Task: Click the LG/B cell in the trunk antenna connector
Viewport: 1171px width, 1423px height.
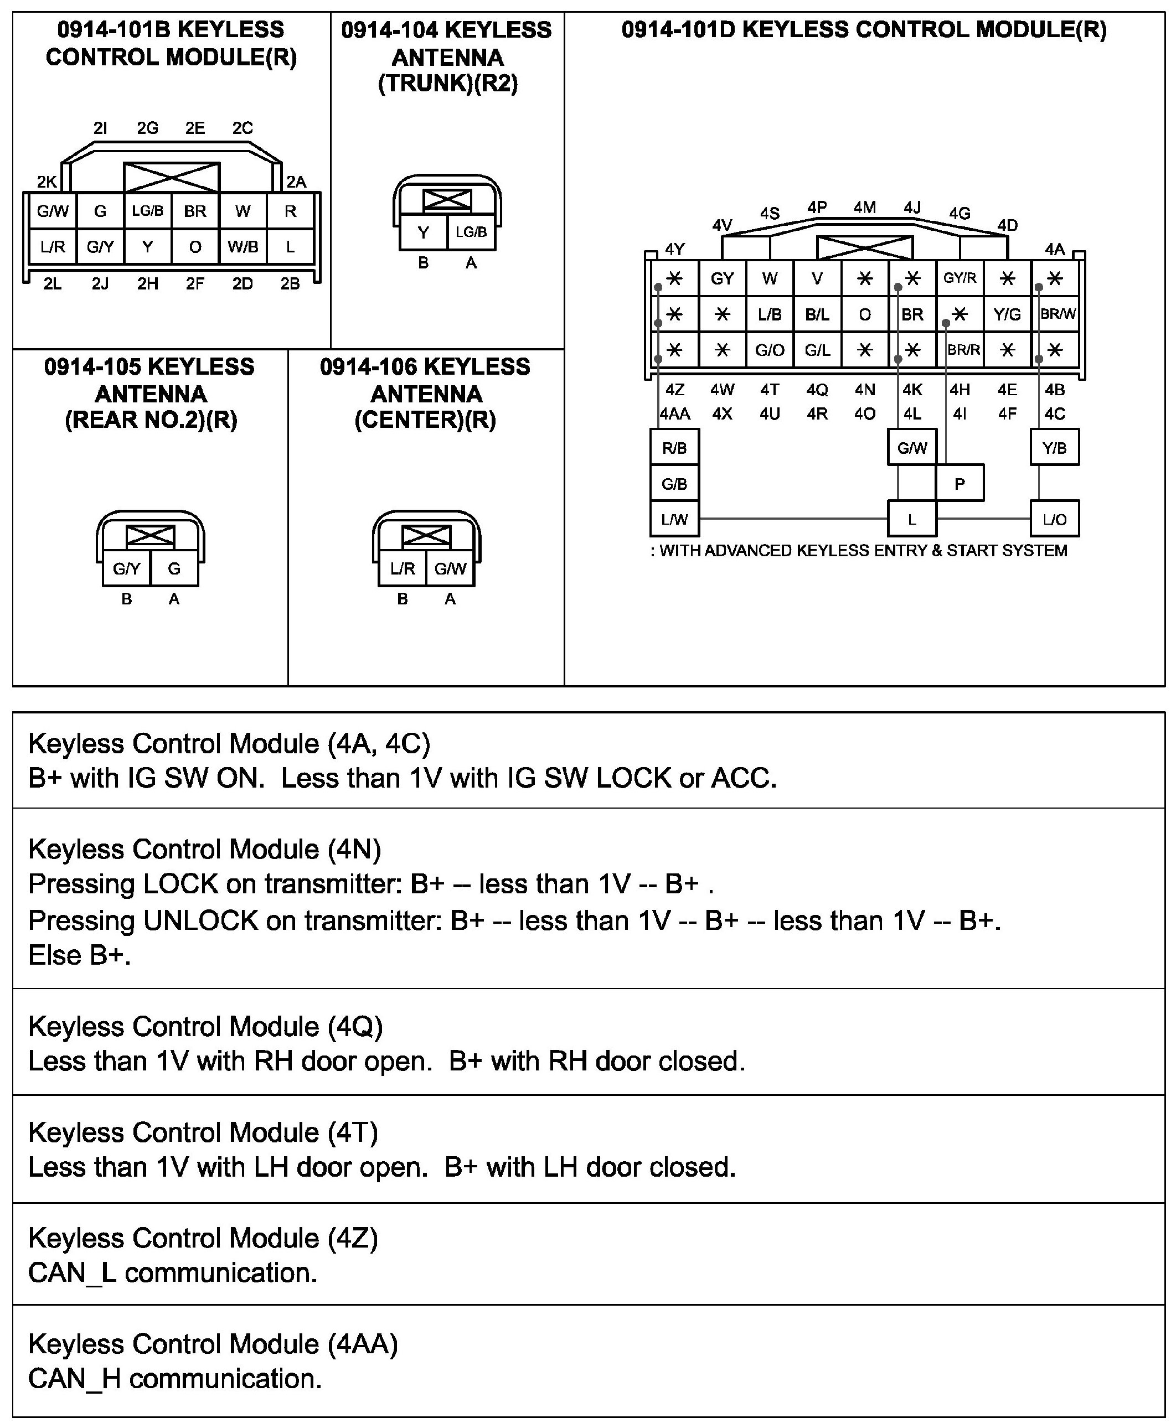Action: (471, 232)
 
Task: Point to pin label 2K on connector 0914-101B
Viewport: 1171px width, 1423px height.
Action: (47, 182)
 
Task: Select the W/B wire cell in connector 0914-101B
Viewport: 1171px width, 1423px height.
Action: (243, 247)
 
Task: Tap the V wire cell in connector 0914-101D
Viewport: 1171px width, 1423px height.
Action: (817, 278)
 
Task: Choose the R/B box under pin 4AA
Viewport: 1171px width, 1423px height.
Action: (674, 448)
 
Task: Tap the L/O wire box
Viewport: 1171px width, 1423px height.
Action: (1054, 519)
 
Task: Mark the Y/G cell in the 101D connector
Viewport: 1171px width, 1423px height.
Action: (1007, 314)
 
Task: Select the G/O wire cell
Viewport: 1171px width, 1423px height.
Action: (770, 350)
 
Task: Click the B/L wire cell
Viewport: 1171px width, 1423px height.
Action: (817, 314)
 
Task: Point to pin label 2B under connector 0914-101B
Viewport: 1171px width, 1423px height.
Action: (290, 284)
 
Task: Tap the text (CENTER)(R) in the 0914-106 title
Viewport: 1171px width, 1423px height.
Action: (426, 420)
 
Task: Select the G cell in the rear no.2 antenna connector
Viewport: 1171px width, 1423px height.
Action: (174, 568)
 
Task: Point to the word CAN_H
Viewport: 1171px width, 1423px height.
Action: (74, 1379)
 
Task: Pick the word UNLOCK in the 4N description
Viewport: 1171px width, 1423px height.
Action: (200, 920)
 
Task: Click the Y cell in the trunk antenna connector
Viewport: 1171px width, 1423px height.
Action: (423, 232)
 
